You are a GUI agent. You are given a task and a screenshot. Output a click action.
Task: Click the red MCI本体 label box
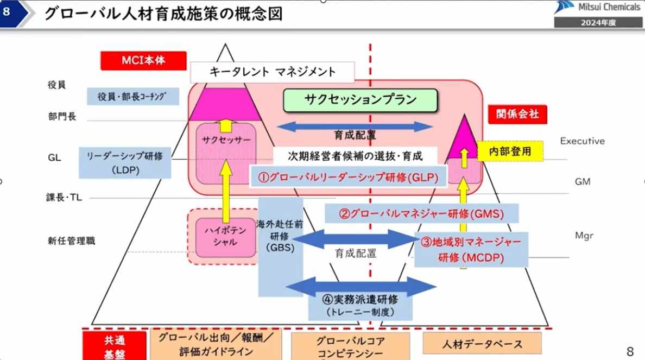point(143,61)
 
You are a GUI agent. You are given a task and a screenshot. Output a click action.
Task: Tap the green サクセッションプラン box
point(361,99)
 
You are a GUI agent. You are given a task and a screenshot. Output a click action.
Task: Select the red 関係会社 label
point(517,114)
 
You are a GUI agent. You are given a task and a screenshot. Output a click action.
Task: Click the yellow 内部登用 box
point(510,151)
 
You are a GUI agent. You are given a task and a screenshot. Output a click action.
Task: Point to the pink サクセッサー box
point(226,140)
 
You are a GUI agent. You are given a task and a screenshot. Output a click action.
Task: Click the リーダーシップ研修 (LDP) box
point(125,162)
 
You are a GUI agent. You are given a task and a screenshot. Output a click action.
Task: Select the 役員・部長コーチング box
point(134,96)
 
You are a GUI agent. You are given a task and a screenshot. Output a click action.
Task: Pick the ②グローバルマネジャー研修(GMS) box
point(421,213)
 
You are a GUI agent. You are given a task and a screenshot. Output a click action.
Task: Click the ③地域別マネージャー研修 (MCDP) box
point(471,249)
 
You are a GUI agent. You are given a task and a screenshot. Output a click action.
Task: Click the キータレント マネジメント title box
point(273,72)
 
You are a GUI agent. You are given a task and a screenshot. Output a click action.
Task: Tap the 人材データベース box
point(482,344)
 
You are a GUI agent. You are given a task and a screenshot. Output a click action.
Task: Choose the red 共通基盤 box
point(115,346)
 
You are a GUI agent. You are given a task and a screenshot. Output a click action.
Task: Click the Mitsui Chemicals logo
point(597,8)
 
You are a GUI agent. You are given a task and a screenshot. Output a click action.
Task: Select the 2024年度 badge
point(597,22)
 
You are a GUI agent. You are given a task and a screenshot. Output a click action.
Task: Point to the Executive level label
point(582,141)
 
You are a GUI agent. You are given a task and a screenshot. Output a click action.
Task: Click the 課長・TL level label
point(64,198)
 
